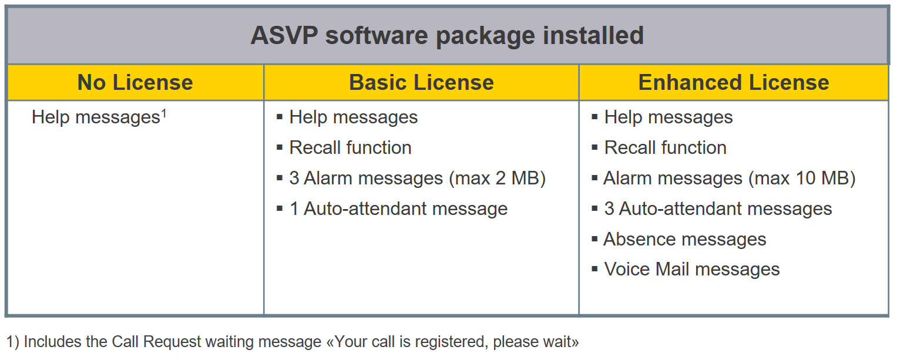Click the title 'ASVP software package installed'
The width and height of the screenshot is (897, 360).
tap(447, 36)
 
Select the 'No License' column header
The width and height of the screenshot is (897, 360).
tap(135, 82)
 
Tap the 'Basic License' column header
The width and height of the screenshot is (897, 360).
tap(421, 82)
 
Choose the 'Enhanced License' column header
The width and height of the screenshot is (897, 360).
tap(734, 82)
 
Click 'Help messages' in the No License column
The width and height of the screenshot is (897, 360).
tap(96, 117)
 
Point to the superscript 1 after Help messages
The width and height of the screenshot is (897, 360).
tap(163, 115)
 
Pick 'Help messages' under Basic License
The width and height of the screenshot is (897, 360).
tap(354, 117)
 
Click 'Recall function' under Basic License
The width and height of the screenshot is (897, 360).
tap(350, 147)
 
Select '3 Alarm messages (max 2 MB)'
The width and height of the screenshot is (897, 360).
tap(417, 178)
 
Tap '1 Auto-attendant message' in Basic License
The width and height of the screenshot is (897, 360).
tap(398, 208)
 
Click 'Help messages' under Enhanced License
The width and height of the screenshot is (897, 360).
tap(668, 117)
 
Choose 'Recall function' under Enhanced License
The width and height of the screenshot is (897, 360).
tap(665, 147)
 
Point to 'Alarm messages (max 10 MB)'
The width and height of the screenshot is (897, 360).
tap(729, 178)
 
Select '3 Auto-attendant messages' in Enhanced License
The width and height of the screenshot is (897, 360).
tap(718, 208)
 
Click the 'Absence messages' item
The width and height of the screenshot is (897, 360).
tap(685, 239)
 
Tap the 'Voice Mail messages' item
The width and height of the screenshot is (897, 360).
tap(692, 269)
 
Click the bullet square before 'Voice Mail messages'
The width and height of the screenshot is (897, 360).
tap(594, 268)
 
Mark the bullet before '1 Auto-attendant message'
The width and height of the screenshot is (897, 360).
tap(280, 208)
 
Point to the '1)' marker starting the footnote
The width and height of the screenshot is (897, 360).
tap(12, 342)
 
